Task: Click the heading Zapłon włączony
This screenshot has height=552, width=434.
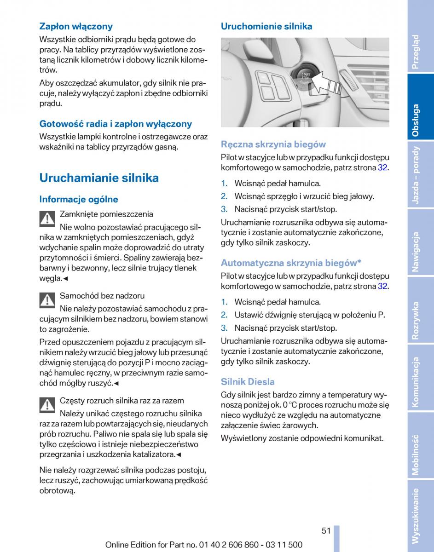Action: (x=76, y=26)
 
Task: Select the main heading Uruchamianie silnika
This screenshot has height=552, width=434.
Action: (x=99, y=178)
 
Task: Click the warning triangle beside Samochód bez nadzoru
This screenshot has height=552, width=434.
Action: (x=47, y=301)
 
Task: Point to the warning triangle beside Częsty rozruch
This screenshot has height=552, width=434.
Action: (x=47, y=405)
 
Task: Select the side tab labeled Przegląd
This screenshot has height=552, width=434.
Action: (x=416, y=52)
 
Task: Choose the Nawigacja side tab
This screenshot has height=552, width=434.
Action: (x=416, y=252)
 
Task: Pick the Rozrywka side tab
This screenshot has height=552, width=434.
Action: (x=416, y=320)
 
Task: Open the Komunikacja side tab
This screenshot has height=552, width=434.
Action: (x=416, y=382)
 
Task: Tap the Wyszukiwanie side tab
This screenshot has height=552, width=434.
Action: (x=416, y=516)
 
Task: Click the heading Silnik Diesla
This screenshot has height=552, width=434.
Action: (x=248, y=381)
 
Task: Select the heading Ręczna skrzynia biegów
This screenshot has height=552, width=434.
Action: (x=273, y=144)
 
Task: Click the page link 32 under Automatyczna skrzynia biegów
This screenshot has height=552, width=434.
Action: (x=382, y=286)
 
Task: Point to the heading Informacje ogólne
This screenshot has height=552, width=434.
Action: (x=79, y=199)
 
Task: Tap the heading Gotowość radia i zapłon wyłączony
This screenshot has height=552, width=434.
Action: (x=116, y=124)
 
